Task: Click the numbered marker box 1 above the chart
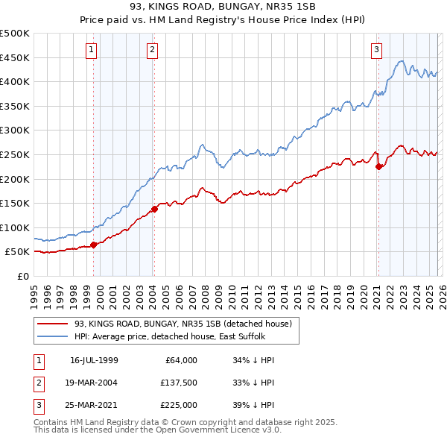91,50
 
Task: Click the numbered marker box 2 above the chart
152,50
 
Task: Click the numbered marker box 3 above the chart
376,50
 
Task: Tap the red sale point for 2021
378,166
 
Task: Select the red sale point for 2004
154,209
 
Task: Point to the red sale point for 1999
93,245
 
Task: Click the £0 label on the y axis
22,276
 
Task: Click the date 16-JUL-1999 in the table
94,360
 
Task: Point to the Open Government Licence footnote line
157,430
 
